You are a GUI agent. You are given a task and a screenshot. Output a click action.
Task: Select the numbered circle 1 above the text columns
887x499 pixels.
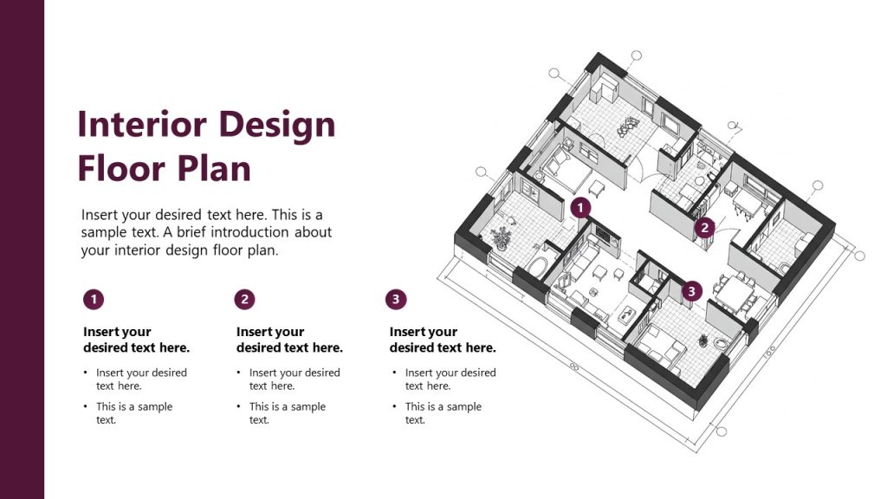tap(94, 300)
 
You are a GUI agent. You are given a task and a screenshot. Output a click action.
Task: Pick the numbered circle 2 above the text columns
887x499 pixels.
tap(245, 300)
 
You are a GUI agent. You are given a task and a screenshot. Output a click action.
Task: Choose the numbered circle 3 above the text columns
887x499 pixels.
tap(396, 300)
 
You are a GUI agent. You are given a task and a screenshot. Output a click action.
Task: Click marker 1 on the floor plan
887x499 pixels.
tap(580, 208)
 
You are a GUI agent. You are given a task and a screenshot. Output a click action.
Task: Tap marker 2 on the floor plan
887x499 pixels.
tap(705, 228)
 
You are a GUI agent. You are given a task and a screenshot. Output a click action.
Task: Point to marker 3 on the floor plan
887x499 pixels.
tap(690, 291)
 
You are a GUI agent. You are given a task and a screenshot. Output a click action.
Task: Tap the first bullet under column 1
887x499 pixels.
tap(141, 379)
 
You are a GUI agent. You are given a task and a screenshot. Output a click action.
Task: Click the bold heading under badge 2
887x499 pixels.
tap(289, 340)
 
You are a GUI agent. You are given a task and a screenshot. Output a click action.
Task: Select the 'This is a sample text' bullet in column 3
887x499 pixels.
tap(443, 412)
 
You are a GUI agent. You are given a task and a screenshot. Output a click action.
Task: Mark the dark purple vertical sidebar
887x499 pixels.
tap(22, 249)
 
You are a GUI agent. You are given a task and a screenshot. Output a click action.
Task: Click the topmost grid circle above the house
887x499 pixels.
tap(637, 56)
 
